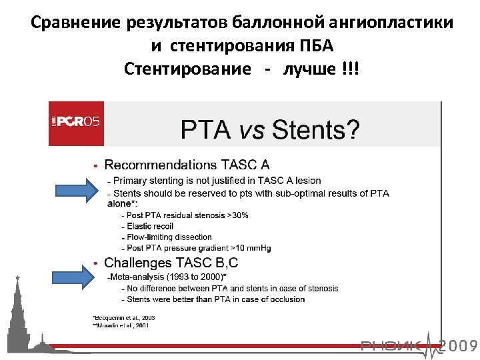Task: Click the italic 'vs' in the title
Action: click(251, 129)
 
